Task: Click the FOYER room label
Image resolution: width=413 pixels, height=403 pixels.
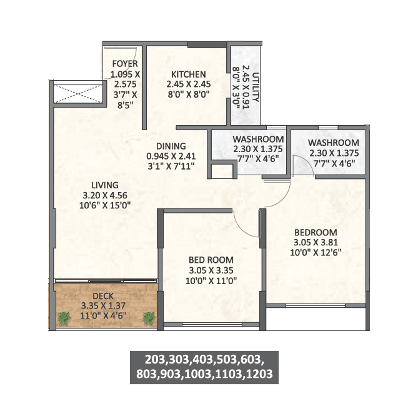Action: click(125, 64)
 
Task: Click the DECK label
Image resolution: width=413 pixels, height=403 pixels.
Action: click(104, 295)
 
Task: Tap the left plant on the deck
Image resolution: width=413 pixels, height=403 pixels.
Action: click(64, 318)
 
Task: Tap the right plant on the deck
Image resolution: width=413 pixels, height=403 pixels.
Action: click(149, 318)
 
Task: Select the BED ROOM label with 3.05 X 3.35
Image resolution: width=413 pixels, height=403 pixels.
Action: click(211, 260)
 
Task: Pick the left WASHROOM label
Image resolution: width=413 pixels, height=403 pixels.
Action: click(258, 139)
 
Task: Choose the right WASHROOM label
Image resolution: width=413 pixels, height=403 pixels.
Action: click(334, 143)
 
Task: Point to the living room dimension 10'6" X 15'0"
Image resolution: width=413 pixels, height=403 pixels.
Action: click(104, 205)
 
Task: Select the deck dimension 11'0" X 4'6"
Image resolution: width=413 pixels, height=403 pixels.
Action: click(104, 315)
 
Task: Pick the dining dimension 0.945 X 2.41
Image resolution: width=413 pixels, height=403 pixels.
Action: click(171, 156)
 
